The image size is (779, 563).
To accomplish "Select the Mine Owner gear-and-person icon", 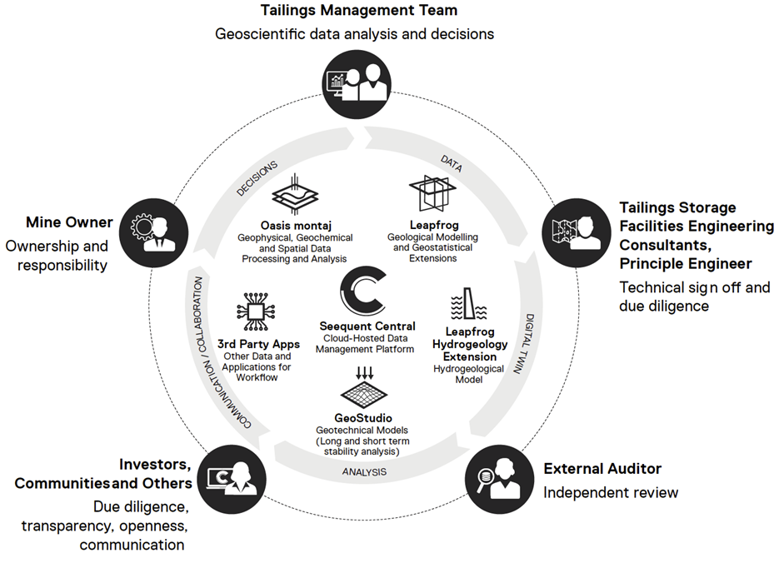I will pos(156,228).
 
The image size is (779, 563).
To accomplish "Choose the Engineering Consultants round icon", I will pos(576,228).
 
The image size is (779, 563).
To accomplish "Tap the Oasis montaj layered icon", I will pos(297,194).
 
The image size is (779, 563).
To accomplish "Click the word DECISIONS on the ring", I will pos(257,177).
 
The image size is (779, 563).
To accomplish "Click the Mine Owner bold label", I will pos(69,222).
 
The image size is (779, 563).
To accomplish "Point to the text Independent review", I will pos(611,492).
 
